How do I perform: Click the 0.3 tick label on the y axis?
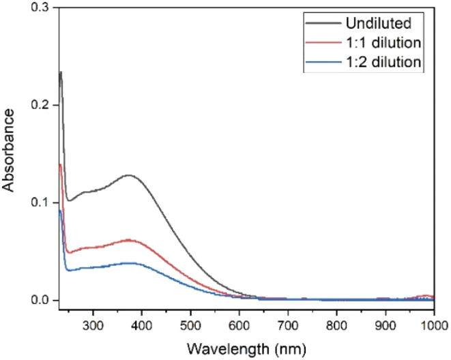[x=42, y=9]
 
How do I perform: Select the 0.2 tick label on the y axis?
[x=42, y=106]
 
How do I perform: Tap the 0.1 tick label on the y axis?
[x=42, y=203]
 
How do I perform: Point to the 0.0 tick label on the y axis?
[x=42, y=300]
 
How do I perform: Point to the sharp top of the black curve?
[x=61, y=72]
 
